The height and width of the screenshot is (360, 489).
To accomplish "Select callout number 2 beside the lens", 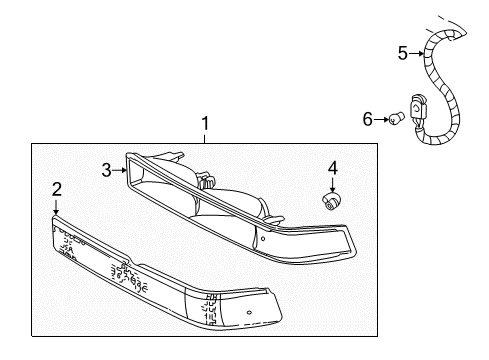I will point(57,188).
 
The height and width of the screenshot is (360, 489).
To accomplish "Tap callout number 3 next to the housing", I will point(105,171).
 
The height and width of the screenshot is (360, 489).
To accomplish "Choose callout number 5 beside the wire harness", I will point(403,53).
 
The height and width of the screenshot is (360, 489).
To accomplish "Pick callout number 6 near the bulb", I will point(367,120).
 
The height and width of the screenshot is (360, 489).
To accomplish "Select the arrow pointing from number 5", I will point(415,53).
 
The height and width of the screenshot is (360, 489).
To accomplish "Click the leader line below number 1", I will point(205,139).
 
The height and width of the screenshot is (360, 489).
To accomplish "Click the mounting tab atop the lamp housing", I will point(208,179).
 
